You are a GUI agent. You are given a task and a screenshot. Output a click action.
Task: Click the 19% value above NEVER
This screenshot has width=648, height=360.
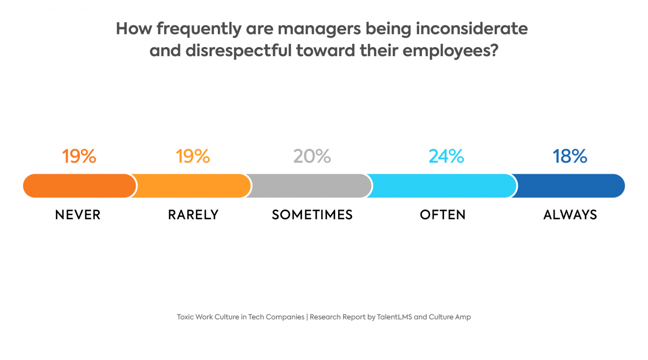[x=79, y=156]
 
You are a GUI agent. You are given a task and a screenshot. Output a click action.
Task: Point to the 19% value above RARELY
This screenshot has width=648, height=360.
[x=193, y=156]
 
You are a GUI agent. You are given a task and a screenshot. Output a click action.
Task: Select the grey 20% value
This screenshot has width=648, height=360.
[x=312, y=156]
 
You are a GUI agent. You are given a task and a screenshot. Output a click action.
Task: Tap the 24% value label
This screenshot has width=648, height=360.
[x=446, y=156]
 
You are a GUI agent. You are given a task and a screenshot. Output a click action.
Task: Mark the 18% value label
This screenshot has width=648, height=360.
[x=570, y=156]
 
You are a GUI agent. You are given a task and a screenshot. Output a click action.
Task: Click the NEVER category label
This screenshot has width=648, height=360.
[x=78, y=215]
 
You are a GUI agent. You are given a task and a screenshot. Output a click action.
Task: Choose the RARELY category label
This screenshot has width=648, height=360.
[x=193, y=215]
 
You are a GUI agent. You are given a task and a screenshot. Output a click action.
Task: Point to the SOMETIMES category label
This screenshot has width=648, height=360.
[x=312, y=215]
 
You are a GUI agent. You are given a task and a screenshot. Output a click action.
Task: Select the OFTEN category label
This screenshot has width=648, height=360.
[x=443, y=215]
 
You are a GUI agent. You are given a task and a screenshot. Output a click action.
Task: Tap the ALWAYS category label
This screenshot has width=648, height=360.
[x=570, y=215]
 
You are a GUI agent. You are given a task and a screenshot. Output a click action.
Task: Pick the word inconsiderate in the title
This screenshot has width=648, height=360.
[x=472, y=29]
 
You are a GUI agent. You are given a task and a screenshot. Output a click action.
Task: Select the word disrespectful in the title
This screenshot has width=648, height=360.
[x=238, y=51]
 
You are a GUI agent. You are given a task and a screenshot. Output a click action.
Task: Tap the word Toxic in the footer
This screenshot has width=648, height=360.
[x=185, y=317]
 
